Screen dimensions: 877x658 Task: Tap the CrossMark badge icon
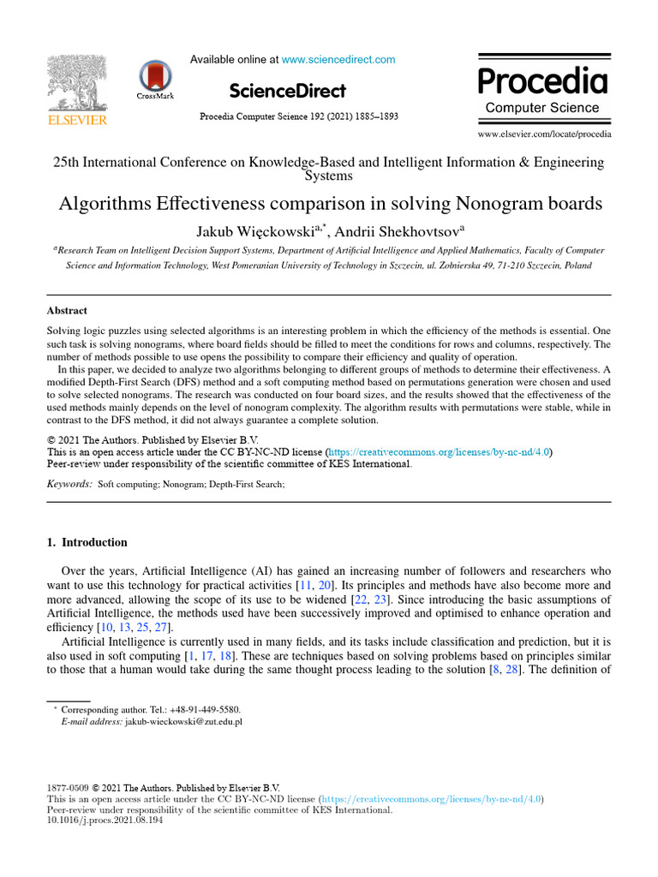(155, 77)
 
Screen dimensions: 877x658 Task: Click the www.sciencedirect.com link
(338, 60)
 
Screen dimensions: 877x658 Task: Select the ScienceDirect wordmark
(288, 91)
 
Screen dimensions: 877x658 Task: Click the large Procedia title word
(542, 82)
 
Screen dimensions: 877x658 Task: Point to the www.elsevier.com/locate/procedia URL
(544, 134)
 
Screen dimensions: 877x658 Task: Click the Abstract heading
(67, 311)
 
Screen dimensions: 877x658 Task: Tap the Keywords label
(69, 485)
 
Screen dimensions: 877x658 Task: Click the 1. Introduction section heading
(87, 542)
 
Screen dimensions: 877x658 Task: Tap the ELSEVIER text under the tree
(77, 121)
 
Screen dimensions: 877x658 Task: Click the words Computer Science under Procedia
(542, 108)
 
